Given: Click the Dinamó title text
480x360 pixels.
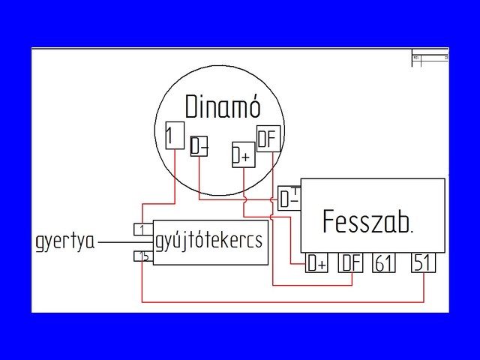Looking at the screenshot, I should click(x=223, y=106).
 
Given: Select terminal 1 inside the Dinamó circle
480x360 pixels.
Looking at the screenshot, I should click(x=173, y=136).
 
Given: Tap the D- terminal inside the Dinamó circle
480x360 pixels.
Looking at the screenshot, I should click(x=199, y=146).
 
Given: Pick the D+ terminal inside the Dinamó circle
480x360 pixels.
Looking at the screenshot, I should click(x=242, y=154).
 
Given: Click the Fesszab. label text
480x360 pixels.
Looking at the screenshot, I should click(x=367, y=221).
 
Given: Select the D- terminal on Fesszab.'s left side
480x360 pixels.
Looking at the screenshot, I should click(x=289, y=198).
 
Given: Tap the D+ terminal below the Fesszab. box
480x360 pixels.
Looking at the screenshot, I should click(x=317, y=263).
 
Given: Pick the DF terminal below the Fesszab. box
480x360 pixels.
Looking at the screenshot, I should click(x=351, y=263).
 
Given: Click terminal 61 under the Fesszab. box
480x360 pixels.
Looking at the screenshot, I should click(x=384, y=263).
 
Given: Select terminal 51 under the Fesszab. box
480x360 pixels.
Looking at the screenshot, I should click(x=424, y=263).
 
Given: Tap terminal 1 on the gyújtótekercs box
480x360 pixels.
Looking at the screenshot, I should click(x=142, y=229).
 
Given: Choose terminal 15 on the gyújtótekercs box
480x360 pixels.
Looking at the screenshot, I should click(x=142, y=256).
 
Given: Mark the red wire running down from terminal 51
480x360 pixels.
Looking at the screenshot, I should click(x=424, y=287).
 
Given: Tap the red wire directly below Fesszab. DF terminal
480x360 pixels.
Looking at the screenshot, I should click(x=351, y=279).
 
